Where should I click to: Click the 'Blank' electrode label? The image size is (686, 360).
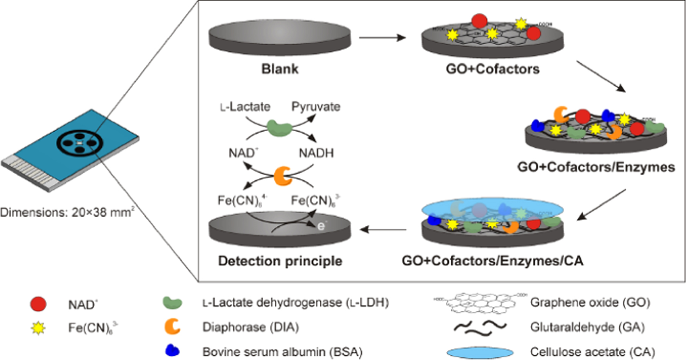280,69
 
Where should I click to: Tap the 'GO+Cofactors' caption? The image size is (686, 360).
492,69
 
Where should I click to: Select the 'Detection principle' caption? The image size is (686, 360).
280,261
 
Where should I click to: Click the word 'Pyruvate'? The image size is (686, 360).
316,107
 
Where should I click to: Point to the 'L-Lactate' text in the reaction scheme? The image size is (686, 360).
245,107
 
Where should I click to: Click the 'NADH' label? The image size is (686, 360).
316,153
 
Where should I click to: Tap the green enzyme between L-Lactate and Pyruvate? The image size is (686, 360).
280,128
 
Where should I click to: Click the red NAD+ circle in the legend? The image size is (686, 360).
38,304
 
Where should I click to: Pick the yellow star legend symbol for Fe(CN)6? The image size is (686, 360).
38,327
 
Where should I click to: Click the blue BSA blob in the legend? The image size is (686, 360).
173,350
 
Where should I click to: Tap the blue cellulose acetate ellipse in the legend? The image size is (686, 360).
480,353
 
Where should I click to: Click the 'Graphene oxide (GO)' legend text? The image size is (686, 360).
590,303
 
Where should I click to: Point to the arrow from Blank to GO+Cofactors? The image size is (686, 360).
382,37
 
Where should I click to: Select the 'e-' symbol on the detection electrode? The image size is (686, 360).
321,226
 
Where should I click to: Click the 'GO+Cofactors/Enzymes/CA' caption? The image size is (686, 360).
492,261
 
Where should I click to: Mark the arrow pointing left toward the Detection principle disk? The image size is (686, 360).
383,230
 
